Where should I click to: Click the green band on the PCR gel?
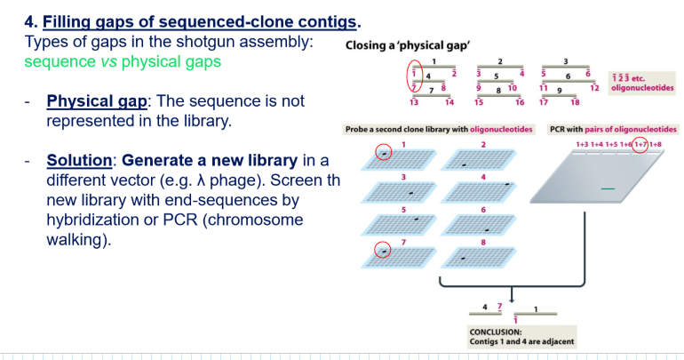point(607,188)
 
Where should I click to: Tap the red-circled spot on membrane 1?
point(382,153)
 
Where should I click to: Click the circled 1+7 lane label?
point(640,144)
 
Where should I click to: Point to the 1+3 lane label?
point(584,144)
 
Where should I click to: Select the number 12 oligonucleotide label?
point(594,88)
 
